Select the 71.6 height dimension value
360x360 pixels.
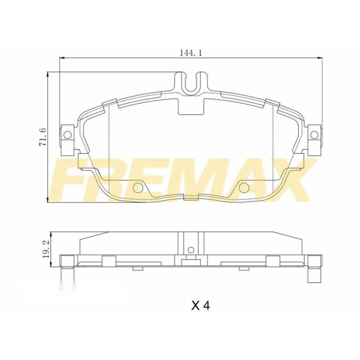[43, 137]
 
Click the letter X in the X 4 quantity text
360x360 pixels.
[195, 305]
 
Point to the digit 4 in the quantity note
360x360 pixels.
[206, 305]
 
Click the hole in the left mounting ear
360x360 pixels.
[66, 135]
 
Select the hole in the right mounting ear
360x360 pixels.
[314, 135]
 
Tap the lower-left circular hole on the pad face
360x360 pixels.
[137, 188]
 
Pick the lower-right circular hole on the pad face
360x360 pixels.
[243, 188]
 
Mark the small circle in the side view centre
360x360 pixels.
[191, 250]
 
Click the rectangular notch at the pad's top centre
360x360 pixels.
[191, 106]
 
